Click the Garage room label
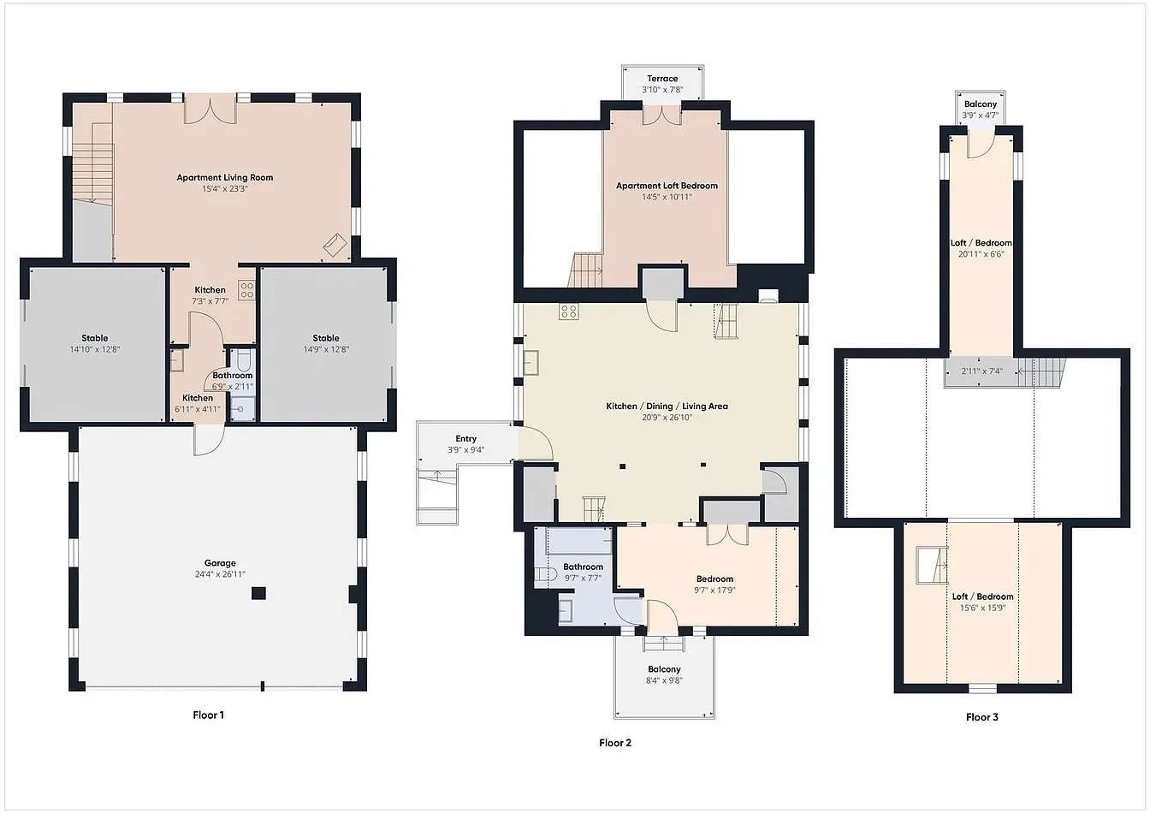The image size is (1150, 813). pyautogui.click(x=220, y=563)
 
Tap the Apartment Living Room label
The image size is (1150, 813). pyautogui.click(x=225, y=178)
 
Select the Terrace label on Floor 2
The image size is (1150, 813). pyautogui.click(x=662, y=79)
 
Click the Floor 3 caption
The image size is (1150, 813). pyautogui.click(x=981, y=717)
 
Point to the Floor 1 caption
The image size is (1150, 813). pyautogui.click(x=208, y=715)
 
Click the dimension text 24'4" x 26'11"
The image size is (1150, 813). pyautogui.click(x=220, y=574)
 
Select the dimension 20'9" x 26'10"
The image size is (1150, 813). pyautogui.click(x=667, y=418)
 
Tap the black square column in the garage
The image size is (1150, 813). pyautogui.click(x=258, y=594)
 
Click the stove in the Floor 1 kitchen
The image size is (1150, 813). pyautogui.click(x=247, y=290)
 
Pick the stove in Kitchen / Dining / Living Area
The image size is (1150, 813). pyautogui.click(x=569, y=312)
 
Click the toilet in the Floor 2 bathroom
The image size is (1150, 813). pyautogui.click(x=546, y=574)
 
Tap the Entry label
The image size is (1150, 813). pyautogui.click(x=465, y=439)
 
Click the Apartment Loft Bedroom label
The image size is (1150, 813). pyautogui.click(x=667, y=186)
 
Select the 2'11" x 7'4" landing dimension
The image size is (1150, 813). pyautogui.click(x=981, y=371)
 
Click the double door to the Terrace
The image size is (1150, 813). pyautogui.click(x=662, y=115)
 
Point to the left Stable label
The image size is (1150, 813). pyautogui.click(x=95, y=338)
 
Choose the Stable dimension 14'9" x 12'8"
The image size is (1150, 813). pyautogui.click(x=326, y=350)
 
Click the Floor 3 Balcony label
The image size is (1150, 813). pyautogui.click(x=980, y=104)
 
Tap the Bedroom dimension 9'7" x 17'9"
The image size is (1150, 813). pyautogui.click(x=714, y=590)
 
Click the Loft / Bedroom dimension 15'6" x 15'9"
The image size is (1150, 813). pyautogui.click(x=982, y=608)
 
